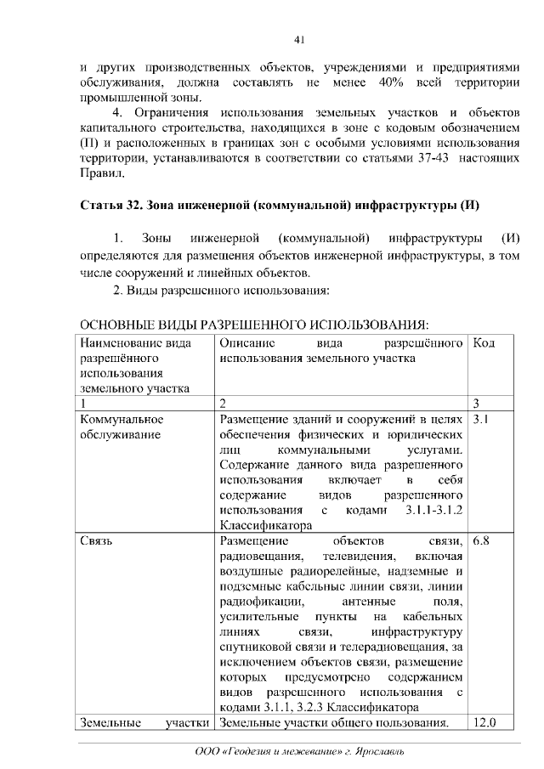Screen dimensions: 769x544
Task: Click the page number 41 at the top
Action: pos(298,39)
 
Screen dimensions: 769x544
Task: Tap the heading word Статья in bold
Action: pos(101,206)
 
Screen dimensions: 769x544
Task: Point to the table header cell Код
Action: pos(484,342)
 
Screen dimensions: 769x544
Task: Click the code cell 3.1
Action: pos(480,419)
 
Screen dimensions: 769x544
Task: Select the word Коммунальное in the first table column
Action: pos(121,419)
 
